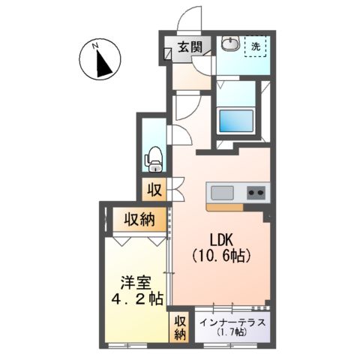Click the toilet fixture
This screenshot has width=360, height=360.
point(154,157)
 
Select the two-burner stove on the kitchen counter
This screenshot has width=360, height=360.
point(256,193)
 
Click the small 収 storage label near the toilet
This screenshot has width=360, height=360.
point(153,188)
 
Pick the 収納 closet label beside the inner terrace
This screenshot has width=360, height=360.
point(180,327)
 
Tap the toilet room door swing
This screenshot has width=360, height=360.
point(180,135)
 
